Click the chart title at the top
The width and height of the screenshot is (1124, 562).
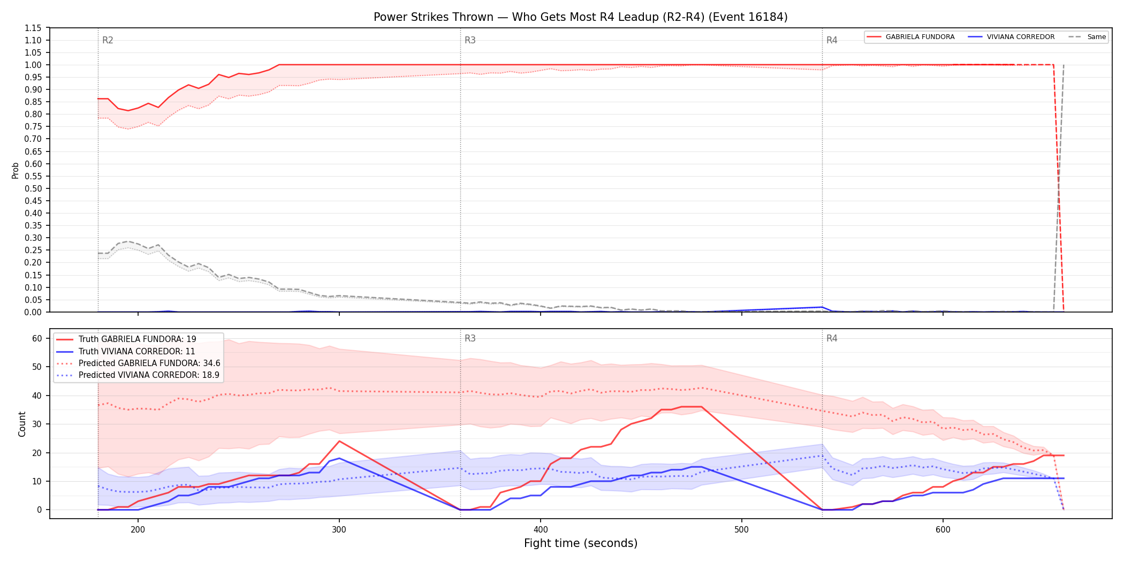click(x=580, y=17)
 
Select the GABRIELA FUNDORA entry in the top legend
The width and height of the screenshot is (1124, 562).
click(x=910, y=37)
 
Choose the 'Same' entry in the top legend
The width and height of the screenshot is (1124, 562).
click(x=1087, y=37)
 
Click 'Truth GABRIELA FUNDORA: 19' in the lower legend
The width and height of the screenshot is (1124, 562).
click(x=126, y=339)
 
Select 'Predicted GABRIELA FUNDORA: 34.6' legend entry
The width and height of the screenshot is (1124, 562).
click(x=138, y=363)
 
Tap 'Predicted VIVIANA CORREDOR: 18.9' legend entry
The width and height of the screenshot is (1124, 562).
click(x=138, y=375)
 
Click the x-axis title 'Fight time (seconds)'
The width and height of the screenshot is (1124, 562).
click(x=581, y=543)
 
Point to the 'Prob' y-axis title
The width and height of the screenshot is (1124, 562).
click(x=16, y=170)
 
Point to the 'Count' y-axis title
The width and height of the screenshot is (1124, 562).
click(x=22, y=424)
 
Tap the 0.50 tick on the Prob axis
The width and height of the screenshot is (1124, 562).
click(x=33, y=188)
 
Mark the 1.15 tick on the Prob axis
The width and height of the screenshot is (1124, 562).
click(x=33, y=28)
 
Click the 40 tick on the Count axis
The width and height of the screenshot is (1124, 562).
click(x=37, y=396)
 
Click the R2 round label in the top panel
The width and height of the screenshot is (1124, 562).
click(x=108, y=40)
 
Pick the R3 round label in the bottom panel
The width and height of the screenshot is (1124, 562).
click(x=470, y=338)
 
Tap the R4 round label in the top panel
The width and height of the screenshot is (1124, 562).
click(x=832, y=40)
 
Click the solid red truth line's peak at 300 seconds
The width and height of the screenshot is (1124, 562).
click(x=339, y=441)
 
